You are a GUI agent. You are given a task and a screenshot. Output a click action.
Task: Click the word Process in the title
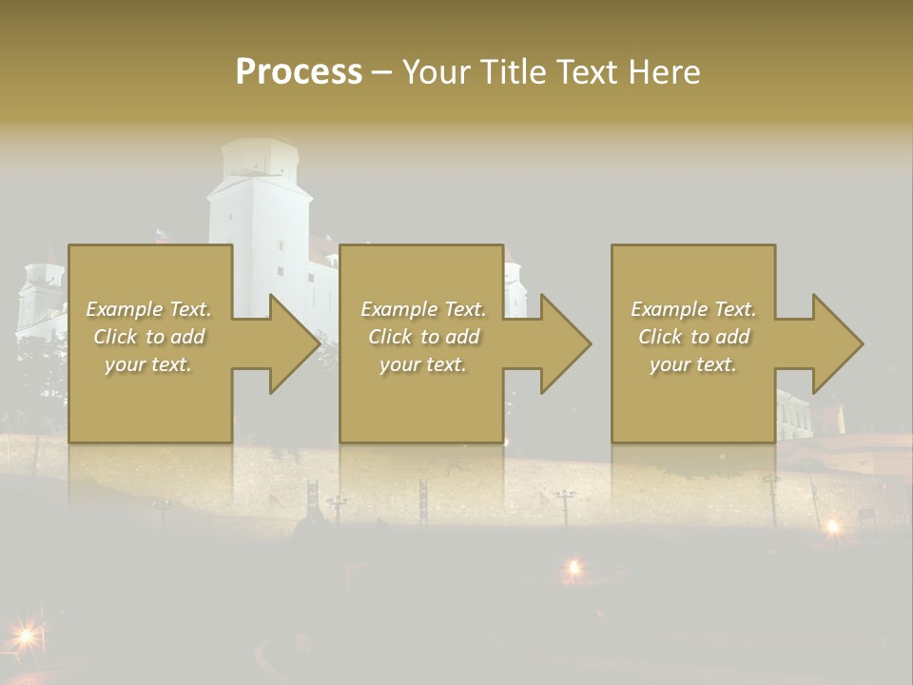[299, 72]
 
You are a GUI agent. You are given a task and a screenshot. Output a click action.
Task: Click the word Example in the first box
[125, 309]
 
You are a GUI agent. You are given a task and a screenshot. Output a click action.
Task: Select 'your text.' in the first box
[148, 364]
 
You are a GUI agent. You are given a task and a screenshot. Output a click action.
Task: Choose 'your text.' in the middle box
[423, 364]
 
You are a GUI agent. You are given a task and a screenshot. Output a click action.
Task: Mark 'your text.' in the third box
[693, 364]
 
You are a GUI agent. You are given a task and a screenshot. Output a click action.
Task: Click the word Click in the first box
[114, 337]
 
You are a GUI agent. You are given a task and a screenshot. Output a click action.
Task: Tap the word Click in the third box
[660, 337]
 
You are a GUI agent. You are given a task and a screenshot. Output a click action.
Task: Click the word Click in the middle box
[389, 337]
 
